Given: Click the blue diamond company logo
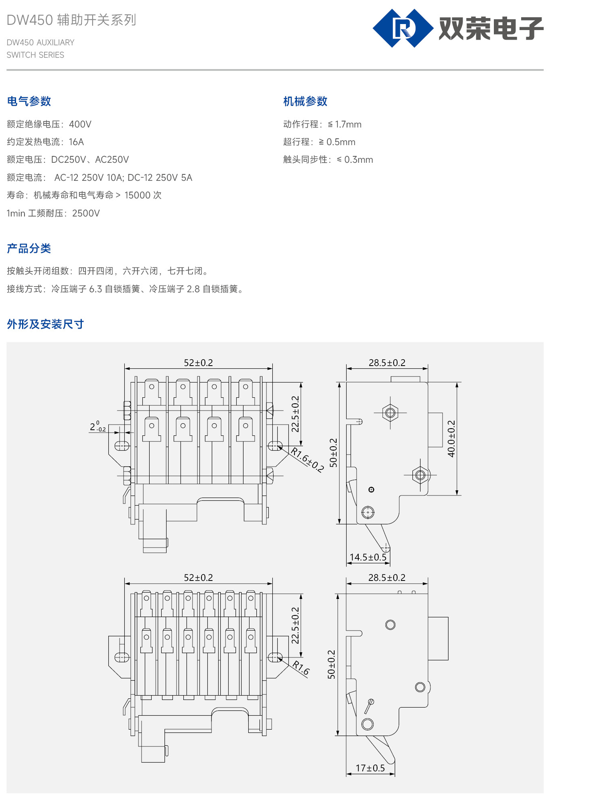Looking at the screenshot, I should pyautogui.click(x=403, y=28).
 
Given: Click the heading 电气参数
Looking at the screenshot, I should pyautogui.click(x=29, y=101).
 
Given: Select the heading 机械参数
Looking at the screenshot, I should pyautogui.click(x=305, y=101).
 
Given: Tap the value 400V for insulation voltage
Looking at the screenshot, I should pyautogui.click(x=80, y=124).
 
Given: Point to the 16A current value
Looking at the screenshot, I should pyautogui.click(x=76, y=142).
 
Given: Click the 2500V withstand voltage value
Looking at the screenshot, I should pyautogui.click(x=86, y=213).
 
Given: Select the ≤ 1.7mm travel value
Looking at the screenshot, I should pyautogui.click(x=345, y=124).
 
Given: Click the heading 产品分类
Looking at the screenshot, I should pyautogui.click(x=29, y=249).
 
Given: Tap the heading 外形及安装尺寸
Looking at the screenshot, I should pyautogui.click(x=45, y=324).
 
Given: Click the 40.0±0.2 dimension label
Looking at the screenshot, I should pyautogui.click(x=451, y=439).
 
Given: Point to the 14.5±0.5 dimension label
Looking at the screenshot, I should pyautogui.click(x=368, y=557).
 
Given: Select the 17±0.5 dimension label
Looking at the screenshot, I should pyautogui.click(x=370, y=768).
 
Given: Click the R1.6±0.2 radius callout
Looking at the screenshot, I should pyautogui.click(x=307, y=460).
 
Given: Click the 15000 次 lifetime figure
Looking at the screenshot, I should pyautogui.click(x=143, y=195).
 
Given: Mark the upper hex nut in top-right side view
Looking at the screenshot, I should pyautogui.click(x=390, y=413).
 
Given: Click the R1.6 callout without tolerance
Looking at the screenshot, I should pyautogui.click(x=301, y=668).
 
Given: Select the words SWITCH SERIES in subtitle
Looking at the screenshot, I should pyautogui.click(x=35, y=55).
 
